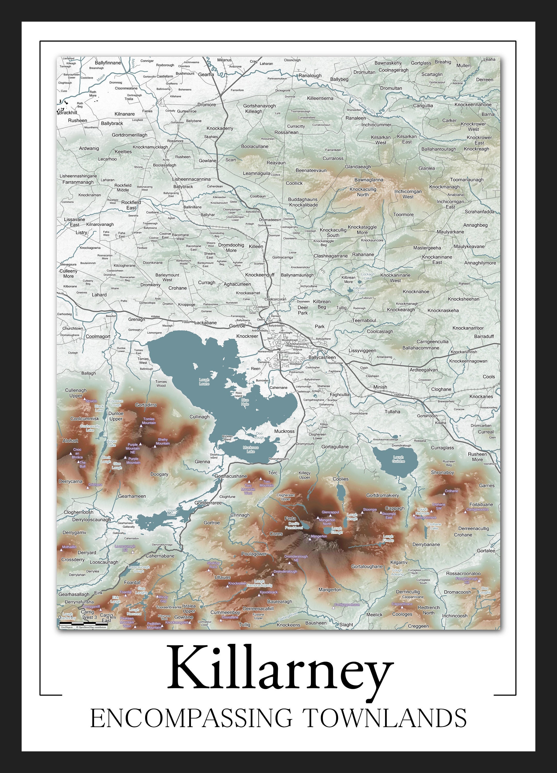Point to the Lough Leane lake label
204,382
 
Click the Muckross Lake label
251,449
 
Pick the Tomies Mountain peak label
149,421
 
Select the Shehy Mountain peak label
163,441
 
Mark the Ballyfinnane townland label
108,63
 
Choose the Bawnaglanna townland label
369,180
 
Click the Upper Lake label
171,512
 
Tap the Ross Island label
239,394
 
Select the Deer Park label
303,310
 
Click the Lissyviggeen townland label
362,350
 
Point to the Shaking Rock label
213,565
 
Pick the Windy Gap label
163,599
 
